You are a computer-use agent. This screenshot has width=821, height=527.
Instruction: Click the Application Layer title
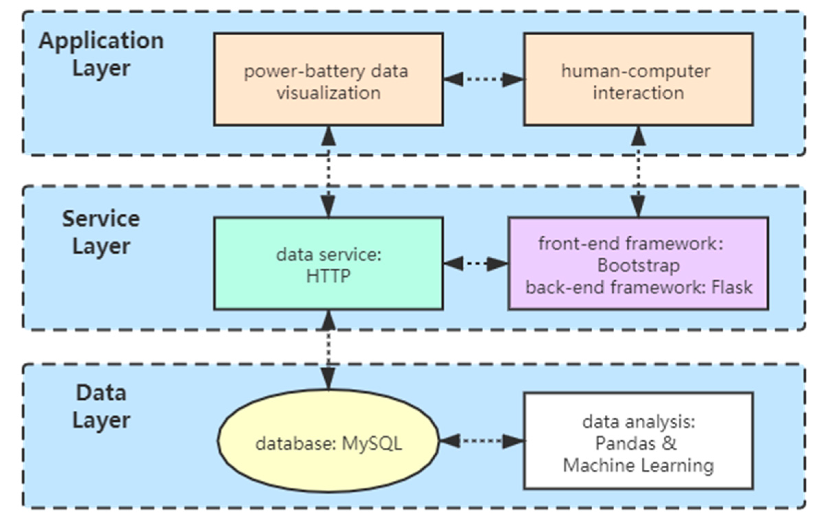coord(101,54)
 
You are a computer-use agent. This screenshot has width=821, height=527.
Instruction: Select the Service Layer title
coord(101,232)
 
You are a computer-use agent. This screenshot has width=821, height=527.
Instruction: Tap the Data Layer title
coord(101,406)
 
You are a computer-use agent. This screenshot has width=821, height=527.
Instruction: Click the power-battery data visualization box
coord(328,80)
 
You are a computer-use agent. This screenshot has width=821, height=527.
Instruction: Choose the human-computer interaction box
coord(638,80)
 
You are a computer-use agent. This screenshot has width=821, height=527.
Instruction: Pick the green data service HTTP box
coord(328,263)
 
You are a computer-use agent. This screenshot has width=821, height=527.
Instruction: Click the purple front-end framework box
coord(638,263)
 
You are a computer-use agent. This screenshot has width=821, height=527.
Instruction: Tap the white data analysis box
coord(638,441)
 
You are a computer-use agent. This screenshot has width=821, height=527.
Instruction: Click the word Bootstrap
coord(638,266)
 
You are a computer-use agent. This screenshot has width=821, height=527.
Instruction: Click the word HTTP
coord(328,276)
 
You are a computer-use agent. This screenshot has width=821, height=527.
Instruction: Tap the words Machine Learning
coord(638,466)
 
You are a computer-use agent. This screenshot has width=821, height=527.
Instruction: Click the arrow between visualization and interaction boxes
coord(483,80)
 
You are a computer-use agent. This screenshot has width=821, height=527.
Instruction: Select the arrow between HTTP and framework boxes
coord(475,264)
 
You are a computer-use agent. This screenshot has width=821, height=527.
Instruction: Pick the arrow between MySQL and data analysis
coord(481,441)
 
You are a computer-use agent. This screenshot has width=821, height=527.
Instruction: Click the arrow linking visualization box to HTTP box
coord(328,172)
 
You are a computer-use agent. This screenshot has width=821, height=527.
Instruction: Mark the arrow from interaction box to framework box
coord(638,172)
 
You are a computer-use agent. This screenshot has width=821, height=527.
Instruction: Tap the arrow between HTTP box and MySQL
coord(328,350)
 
